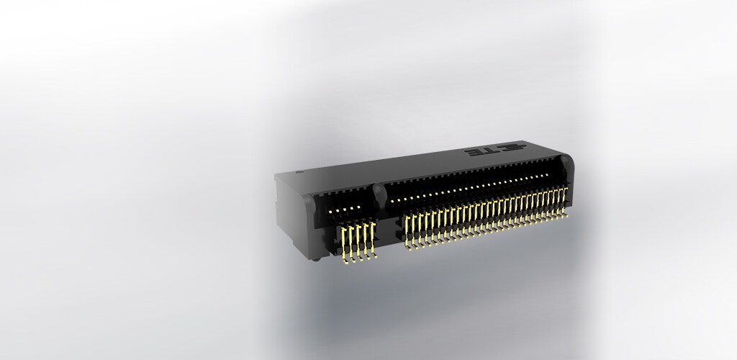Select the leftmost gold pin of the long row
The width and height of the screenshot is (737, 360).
407,231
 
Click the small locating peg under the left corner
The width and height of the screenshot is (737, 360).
316,257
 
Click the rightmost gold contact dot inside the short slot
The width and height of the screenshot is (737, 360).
358,207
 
